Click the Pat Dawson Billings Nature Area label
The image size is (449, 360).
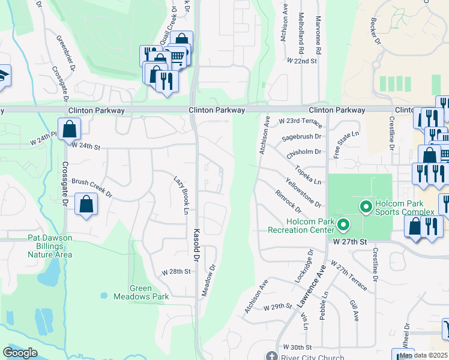pyautogui.click(x=50, y=246)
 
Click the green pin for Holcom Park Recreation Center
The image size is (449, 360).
pyautogui.click(x=343, y=226)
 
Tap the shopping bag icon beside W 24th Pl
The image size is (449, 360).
pyautogui.click(x=70, y=128)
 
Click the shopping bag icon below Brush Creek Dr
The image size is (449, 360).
pyautogui.click(x=86, y=205)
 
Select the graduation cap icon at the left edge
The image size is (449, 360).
pyautogui.click(x=3, y=76)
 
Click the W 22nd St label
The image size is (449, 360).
pyautogui.click(x=301, y=61)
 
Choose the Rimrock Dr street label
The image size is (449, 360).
pyautogui.click(x=288, y=202)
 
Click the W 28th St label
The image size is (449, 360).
pyautogui.click(x=176, y=271)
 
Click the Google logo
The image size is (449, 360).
pyautogui.click(x=20, y=353)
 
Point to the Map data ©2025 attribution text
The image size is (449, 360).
pyautogui.click(x=423, y=356)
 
